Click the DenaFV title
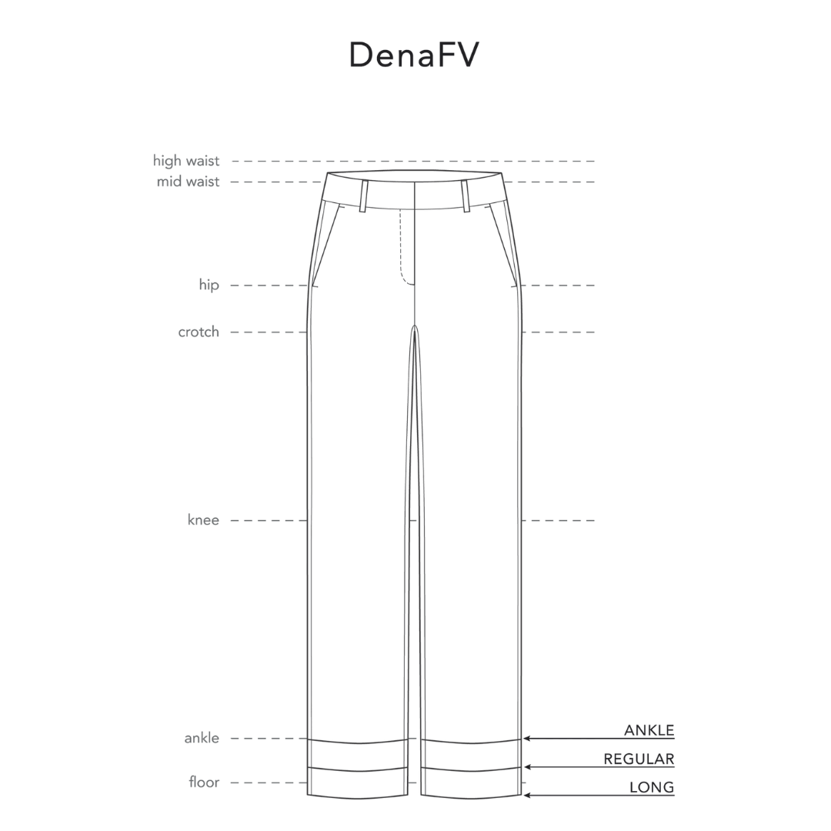[x=414, y=55]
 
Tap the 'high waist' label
[x=186, y=161]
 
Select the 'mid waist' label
[x=188, y=182]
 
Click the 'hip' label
[x=209, y=285]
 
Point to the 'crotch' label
[x=199, y=332]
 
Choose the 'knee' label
[x=203, y=519]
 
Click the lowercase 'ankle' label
[x=202, y=738]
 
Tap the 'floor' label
[x=204, y=782]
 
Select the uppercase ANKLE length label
[x=649, y=729]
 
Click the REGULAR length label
[x=639, y=759]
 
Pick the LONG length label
[x=652, y=788]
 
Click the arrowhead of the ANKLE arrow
[x=527, y=738]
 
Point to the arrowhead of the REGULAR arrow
[x=527, y=767]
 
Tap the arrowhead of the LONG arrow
[x=527, y=796]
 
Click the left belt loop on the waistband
[x=363, y=196]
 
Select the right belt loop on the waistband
[x=466, y=196]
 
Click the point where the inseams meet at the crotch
[x=415, y=325]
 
